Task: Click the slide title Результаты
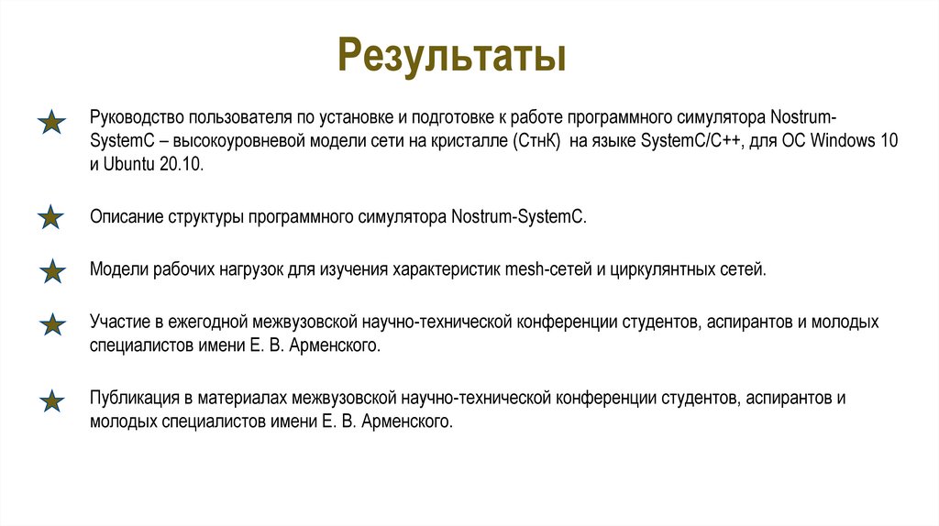(451, 54)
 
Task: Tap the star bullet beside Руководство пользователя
(52, 122)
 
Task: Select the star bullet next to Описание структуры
(52, 217)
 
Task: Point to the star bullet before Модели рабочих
(53, 271)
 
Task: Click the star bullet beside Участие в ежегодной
(53, 323)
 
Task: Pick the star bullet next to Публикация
(53, 400)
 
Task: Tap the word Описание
(126, 218)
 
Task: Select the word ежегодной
(209, 323)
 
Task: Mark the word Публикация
(133, 399)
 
